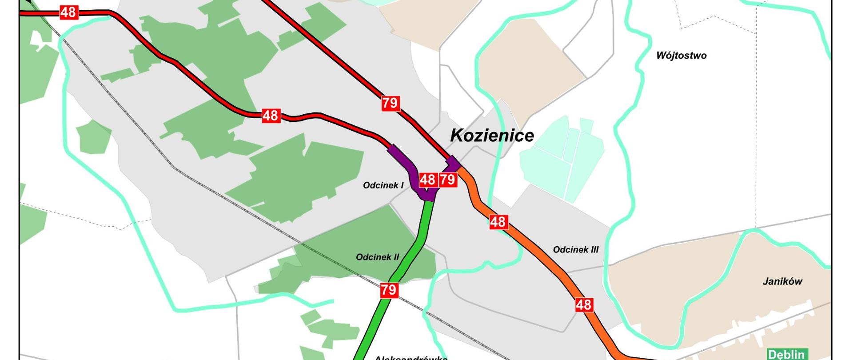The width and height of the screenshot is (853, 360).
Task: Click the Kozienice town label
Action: point(492,135)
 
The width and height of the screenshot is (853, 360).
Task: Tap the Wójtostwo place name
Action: point(681,56)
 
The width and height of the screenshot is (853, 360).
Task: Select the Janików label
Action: point(782,281)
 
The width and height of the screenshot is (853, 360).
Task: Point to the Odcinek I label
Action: point(383,185)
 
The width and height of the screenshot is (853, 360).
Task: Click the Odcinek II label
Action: point(377,257)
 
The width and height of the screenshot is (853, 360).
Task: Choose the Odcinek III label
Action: point(575,250)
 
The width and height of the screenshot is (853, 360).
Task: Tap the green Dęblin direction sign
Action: point(786,354)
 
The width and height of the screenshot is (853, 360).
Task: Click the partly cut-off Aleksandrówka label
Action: point(411,357)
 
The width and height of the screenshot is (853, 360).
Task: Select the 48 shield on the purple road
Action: point(427,180)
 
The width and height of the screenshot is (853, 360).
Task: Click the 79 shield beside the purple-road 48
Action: point(448,180)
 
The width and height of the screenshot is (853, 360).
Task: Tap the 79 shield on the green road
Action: point(388,291)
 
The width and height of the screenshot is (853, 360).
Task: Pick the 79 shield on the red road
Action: point(390,103)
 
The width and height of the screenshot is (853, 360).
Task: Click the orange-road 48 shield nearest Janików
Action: point(583,305)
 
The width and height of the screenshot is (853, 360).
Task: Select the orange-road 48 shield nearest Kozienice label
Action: point(498,221)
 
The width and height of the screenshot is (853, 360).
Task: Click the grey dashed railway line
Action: point(231,202)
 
